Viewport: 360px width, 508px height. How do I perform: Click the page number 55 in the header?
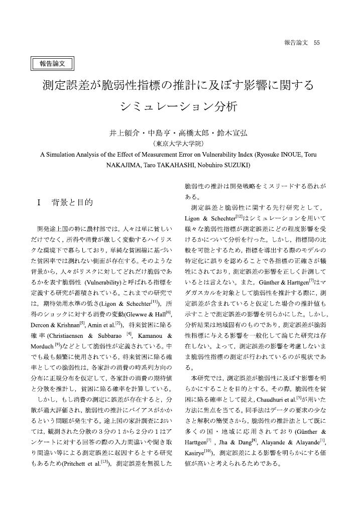(316, 43)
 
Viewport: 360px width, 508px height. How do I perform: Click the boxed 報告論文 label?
(53, 63)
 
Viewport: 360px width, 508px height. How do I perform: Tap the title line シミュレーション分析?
(179, 107)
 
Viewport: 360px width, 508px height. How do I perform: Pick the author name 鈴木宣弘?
(232, 134)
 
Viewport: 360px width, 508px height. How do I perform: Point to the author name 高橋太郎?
(196, 134)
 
